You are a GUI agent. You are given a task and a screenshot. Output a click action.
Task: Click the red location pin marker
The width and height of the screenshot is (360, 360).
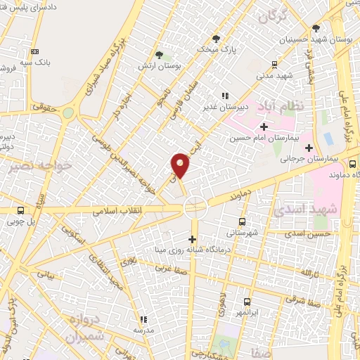[x=181, y=165]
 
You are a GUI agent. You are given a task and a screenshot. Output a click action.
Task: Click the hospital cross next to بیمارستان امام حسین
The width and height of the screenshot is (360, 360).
[x=264, y=127]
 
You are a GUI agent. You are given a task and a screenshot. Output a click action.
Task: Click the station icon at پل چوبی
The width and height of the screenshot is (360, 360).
[x=20, y=210]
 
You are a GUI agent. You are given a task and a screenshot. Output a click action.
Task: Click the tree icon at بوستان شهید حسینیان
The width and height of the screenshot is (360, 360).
[x=316, y=29]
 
